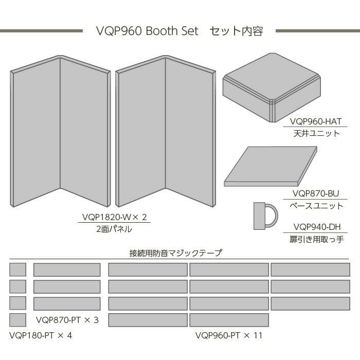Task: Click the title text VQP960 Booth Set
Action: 147,31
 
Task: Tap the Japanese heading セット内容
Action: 236,31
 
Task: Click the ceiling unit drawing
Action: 272,87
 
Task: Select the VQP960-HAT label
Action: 315,121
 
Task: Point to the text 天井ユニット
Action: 316,133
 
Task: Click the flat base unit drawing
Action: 271,166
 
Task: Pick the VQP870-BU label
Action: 315,193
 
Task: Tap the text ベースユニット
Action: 316,206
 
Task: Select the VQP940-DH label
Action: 317,227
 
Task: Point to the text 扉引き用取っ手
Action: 316,240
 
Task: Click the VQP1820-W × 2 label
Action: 114,217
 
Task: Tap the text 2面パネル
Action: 114,229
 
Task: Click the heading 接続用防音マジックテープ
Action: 176,253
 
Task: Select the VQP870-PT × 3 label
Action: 67,320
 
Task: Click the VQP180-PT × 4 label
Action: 41,335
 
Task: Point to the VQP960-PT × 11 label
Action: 229,335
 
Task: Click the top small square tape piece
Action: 17,269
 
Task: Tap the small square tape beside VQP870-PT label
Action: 17,320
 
